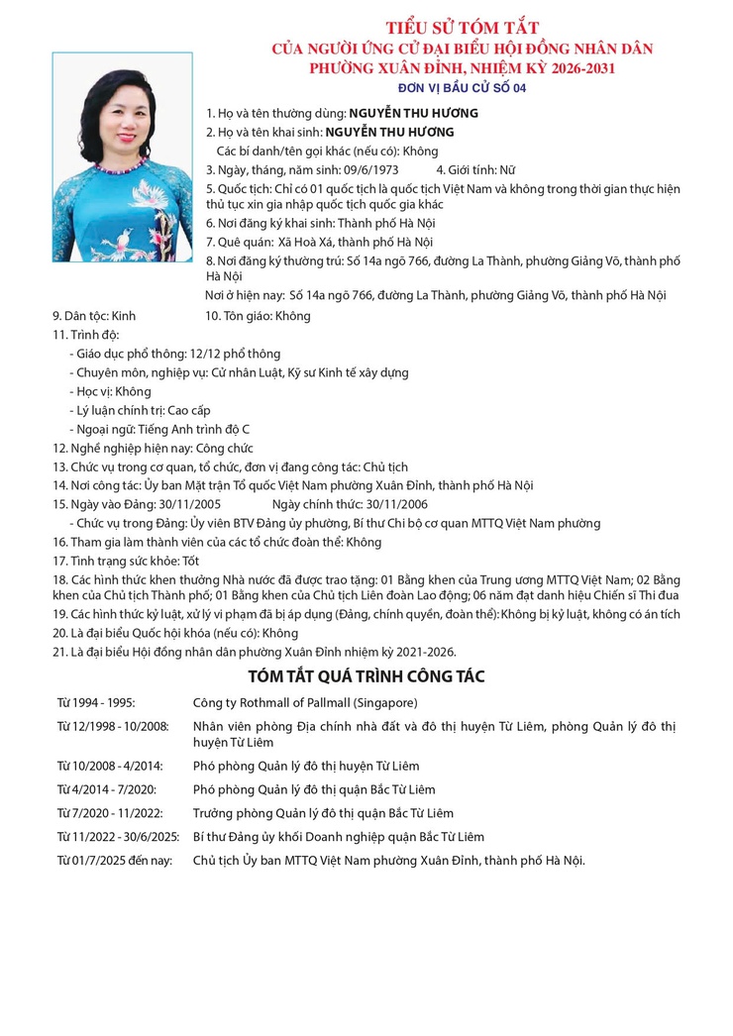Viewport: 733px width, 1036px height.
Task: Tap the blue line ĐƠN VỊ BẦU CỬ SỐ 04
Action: pos(462,88)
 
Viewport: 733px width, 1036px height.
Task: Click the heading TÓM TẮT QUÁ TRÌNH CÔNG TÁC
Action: pos(366,676)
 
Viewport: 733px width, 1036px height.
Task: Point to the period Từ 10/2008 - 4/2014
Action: pos(110,766)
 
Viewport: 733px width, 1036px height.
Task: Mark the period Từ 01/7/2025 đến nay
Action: pos(114,860)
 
